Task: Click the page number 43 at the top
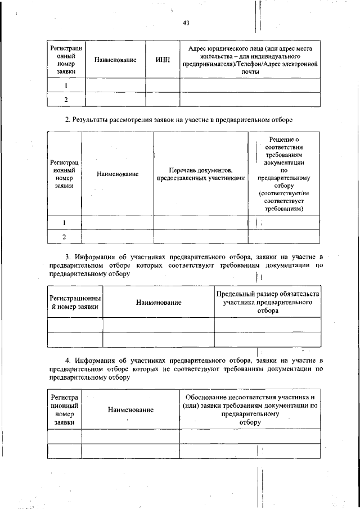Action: click(x=186, y=23)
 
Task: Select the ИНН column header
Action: click(x=162, y=60)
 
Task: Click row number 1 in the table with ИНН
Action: click(x=66, y=85)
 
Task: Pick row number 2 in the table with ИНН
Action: click(x=66, y=100)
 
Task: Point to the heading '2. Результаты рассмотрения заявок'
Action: click(x=179, y=120)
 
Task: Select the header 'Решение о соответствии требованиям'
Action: click(x=284, y=174)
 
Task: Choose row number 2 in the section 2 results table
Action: click(x=65, y=237)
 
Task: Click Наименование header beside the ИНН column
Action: click(x=115, y=60)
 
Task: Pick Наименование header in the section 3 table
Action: click(x=159, y=303)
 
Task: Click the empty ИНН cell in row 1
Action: click(x=162, y=85)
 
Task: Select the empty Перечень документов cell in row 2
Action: click(x=201, y=237)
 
